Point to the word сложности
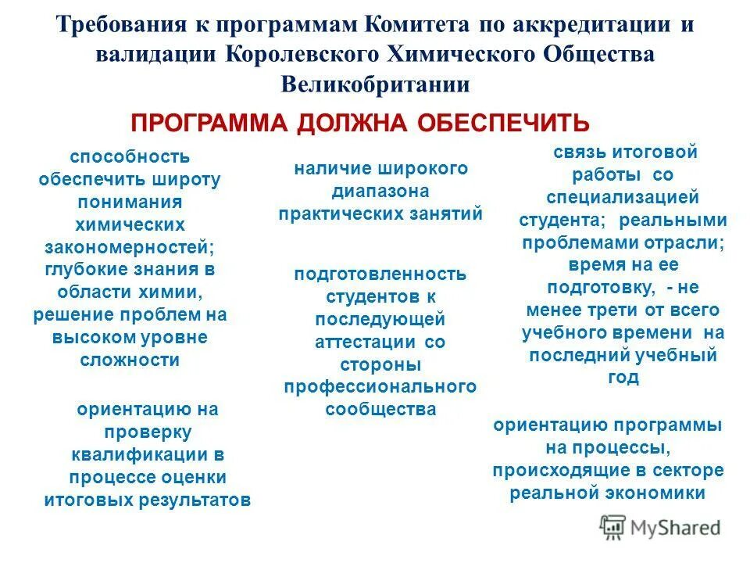[130, 360]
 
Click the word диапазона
[380, 191]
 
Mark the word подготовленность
[380, 274]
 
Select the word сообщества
[380, 410]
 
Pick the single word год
[622, 378]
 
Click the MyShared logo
[660, 527]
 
